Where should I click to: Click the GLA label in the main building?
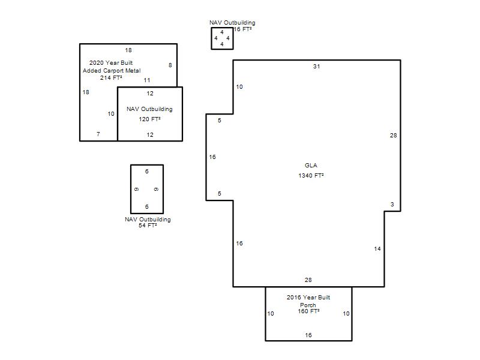click(311, 166)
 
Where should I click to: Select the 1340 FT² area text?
click(311, 175)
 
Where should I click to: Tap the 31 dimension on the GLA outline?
click(317, 66)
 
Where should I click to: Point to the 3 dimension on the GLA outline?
click(392, 204)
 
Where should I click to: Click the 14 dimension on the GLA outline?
click(377, 248)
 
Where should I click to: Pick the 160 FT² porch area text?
click(308, 311)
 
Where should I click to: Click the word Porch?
click(308, 305)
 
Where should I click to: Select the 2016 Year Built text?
click(308, 297)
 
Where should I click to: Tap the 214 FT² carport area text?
click(111, 78)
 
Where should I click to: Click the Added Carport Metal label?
click(112, 70)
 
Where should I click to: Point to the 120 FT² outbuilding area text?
click(149, 119)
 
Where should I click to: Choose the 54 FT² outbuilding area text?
click(148, 226)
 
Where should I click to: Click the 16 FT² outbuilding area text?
click(243, 29)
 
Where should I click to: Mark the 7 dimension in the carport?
click(98, 134)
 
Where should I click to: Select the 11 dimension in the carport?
click(147, 80)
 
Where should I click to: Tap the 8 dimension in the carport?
click(170, 65)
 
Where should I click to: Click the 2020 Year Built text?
click(111, 63)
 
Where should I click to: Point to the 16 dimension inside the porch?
click(308, 335)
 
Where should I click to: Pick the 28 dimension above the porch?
click(308, 280)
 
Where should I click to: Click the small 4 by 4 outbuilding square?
click(211, 38)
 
